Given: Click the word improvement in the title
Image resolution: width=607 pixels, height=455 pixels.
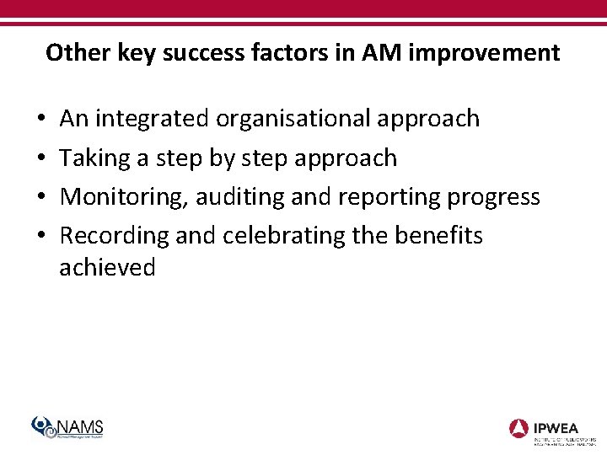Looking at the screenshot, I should (x=481, y=53).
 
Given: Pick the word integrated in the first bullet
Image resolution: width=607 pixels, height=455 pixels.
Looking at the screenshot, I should (x=153, y=119).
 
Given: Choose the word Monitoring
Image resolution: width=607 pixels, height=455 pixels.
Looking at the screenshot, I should (x=126, y=197).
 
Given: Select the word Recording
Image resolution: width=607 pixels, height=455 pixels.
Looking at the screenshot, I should (x=115, y=236).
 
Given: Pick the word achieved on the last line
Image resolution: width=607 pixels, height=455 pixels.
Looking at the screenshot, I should (x=107, y=268).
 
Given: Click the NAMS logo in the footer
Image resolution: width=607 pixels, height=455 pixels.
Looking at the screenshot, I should (x=67, y=428).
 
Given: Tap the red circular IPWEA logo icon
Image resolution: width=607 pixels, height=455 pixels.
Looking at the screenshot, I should (x=519, y=428).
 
